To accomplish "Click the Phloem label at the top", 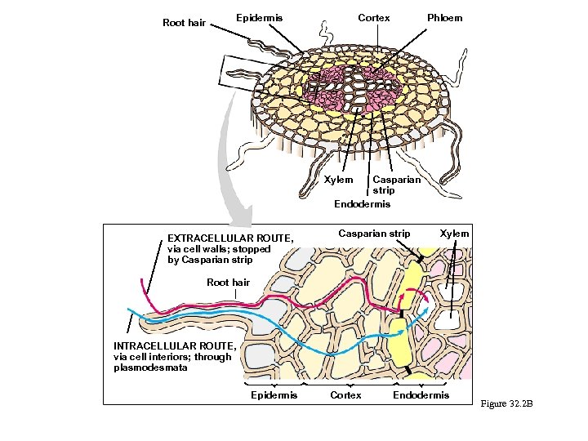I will (444, 18).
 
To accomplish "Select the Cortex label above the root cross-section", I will (374, 18).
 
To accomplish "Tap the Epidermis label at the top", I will (259, 18).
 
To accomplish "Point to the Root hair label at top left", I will (184, 23).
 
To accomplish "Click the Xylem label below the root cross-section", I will (338, 180).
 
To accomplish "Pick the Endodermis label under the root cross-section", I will (363, 203).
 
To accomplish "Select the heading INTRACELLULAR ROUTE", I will (175, 345).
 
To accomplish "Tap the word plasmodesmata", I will (151, 367).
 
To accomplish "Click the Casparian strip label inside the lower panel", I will (375, 234).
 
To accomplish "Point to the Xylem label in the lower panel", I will (455, 234).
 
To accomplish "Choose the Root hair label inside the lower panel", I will (228, 283).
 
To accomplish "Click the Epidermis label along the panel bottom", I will (274, 395).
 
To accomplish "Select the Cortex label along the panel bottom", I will (345, 395).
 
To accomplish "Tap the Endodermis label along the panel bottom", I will (421, 395).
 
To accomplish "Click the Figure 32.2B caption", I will (506, 403).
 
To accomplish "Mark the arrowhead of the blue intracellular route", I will (429, 311).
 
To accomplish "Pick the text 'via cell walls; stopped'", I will (218, 249).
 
